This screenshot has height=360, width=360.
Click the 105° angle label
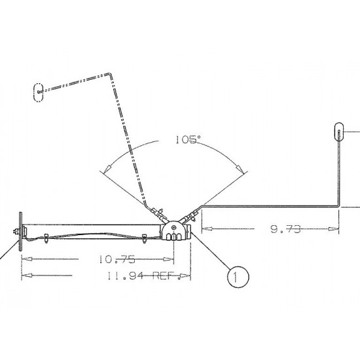click(189, 139)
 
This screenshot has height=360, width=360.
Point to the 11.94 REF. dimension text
click(141, 276)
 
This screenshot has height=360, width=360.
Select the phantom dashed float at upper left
click(38, 92)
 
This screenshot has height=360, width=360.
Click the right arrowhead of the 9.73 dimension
click(334, 229)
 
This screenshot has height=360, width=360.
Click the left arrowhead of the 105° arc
click(105, 171)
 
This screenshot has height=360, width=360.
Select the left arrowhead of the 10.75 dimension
click(26, 259)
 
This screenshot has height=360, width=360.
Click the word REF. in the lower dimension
click(166, 276)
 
